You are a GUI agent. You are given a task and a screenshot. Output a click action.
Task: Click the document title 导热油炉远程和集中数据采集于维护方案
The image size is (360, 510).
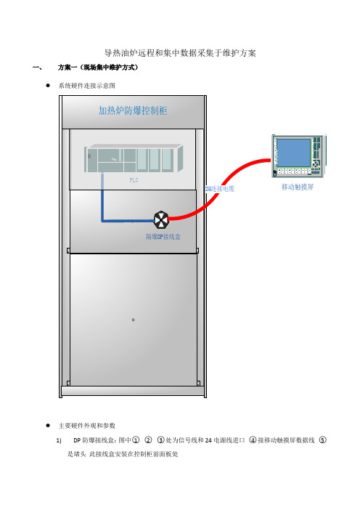pyautogui.click(x=180, y=53)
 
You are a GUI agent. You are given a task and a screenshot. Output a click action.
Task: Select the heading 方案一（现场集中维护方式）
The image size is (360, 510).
pyautogui.click(x=98, y=68)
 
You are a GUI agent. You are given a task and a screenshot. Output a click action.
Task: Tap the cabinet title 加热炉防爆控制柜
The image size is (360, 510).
pyautogui.click(x=133, y=110)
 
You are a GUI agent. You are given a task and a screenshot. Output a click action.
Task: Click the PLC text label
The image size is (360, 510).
pyautogui.click(x=134, y=180)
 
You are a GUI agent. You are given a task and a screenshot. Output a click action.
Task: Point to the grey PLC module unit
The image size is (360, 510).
pyautogui.click(x=134, y=158)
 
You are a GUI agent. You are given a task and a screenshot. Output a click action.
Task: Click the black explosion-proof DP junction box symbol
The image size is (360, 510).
pyautogui.click(x=161, y=220)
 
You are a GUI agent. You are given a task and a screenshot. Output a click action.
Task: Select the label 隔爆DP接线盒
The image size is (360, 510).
pyautogui.click(x=163, y=237)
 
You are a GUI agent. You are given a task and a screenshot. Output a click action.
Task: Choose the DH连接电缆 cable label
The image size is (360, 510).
pyautogui.click(x=220, y=189)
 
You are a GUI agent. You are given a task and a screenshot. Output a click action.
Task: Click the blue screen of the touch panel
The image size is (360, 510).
pyautogui.click(x=293, y=153)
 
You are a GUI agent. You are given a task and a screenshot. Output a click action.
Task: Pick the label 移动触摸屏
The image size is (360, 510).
pyautogui.click(x=298, y=187)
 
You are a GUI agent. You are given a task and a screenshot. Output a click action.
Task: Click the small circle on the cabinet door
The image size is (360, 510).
pyautogui.click(x=134, y=320)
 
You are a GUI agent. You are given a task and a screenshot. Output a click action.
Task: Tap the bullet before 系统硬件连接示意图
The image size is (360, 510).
pyautogui.click(x=48, y=86)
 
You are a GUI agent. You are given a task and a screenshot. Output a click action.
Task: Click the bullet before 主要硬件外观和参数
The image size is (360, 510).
pyautogui.click(x=48, y=426)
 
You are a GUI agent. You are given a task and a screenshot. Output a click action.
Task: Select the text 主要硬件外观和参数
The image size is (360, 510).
pyautogui.click(x=87, y=426)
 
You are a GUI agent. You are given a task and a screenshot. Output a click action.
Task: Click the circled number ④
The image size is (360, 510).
pyautogui.click(x=253, y=440)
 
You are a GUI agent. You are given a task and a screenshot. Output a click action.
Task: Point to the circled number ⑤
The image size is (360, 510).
pyautogui.click(x=322, y=440)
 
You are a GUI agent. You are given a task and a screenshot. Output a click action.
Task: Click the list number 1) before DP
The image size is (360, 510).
pyautogui.click(x=59, y=440)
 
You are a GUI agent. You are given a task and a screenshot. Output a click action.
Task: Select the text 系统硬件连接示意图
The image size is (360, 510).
pyautogui.click(x=87, y=86)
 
